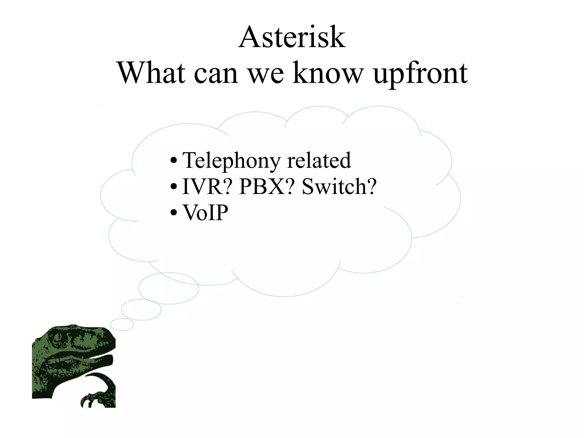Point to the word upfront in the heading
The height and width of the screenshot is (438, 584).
420,74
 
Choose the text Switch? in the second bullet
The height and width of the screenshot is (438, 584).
339,187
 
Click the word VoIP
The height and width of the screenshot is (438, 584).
205,213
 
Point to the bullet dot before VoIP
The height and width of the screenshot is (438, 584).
173,213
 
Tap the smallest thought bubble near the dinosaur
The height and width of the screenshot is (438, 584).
122,324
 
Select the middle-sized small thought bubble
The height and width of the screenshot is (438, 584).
141,310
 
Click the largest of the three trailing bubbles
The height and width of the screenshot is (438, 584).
169,288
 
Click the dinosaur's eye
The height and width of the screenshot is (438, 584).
58,337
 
